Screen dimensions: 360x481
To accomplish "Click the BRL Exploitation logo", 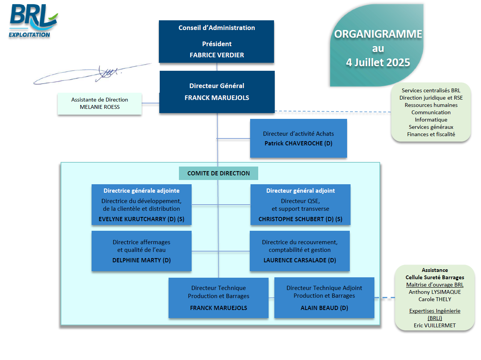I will coord(33,22).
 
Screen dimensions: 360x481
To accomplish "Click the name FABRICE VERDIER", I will coord(217,55).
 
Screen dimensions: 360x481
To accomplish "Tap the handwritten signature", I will coord(96,73).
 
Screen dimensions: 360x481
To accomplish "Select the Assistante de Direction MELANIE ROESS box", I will coord(100,103).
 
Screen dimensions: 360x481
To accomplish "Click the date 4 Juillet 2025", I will coord(378,62).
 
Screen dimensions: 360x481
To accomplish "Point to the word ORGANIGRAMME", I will coord(378,34).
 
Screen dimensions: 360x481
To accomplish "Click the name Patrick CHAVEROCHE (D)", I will coord(298,143).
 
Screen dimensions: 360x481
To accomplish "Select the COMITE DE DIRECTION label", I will coord(219,173).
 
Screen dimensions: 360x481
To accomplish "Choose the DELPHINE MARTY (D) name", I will coord(141,260).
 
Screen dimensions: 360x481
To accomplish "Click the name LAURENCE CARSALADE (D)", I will coord(299,260).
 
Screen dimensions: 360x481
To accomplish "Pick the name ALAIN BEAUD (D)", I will coord(324,308).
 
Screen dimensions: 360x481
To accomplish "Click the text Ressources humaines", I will coord(431,105).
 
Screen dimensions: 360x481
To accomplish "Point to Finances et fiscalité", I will coord(431,134).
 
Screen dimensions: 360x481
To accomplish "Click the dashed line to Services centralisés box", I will coord(333,112).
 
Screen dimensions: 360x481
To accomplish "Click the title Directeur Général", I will coord(217,86).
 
